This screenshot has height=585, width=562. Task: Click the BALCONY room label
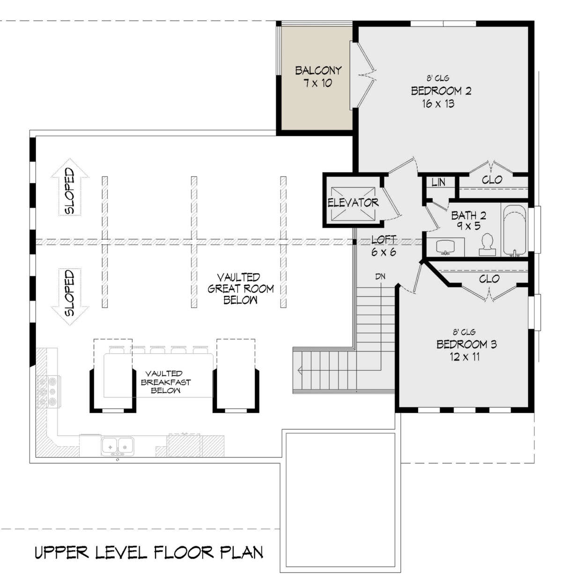point(318,71)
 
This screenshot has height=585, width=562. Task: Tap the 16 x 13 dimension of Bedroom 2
point(438,104)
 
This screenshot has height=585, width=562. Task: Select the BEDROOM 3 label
point(466,344)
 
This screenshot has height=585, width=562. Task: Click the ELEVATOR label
point(353,203)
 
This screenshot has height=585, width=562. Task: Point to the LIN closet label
point(438,182)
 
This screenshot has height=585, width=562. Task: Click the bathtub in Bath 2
point(515,231)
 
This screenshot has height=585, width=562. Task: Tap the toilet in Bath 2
point(487,245)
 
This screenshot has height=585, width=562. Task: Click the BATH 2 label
point(468,215)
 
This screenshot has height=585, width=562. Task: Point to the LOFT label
point(384,240)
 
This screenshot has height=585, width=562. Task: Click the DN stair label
point(380,276)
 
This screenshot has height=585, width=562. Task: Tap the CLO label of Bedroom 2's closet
point(492,180)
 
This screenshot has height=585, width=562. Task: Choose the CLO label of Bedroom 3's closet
point(489,279)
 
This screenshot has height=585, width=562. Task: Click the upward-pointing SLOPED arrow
point(70,187)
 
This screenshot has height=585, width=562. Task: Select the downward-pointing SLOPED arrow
point(70,296)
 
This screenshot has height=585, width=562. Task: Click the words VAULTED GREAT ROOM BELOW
point(240,289)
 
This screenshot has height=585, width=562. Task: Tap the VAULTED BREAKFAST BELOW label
point(166,382)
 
